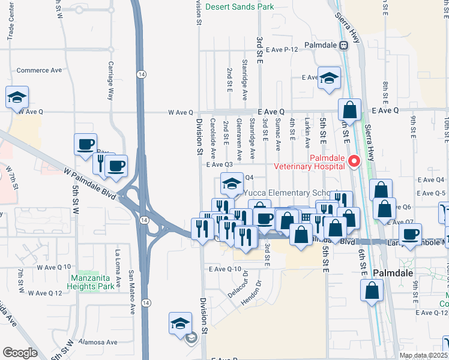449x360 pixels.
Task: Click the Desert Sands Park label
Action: click(239, 7)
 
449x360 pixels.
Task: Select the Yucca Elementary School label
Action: click(287, 194)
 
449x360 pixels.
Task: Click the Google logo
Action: click(20, 353)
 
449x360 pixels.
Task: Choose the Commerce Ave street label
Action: click(40, 70)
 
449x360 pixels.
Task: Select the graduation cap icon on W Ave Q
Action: click(17, 97)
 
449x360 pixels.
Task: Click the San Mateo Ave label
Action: click(131, 292)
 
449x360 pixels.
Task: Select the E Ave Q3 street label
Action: click(219, 164)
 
